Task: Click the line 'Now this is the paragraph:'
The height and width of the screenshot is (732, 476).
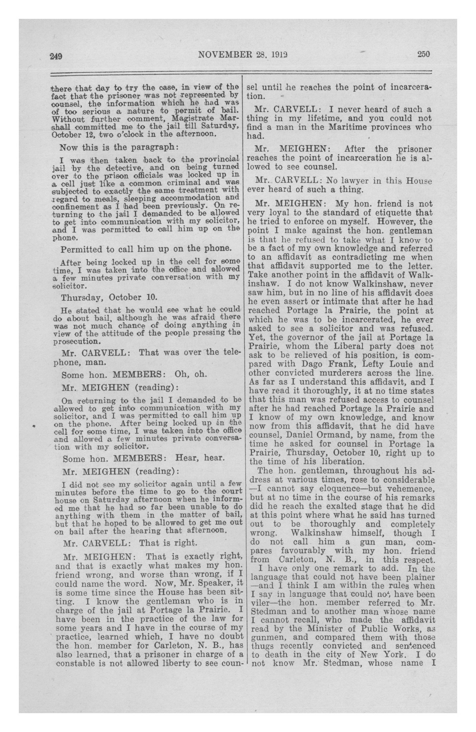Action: click(x=119, y=147)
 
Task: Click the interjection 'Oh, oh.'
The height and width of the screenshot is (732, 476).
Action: click(x=191, y=374)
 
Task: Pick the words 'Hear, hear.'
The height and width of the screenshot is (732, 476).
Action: click(x=200, y=458)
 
